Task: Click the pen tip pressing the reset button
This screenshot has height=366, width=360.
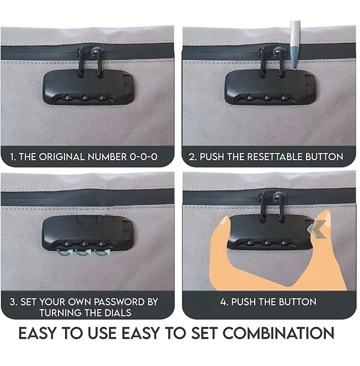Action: click(x=295, y=67)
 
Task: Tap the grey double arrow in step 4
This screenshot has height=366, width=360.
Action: click(x=316, y=229)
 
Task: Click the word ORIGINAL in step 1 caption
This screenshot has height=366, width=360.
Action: click(x=62, y=157)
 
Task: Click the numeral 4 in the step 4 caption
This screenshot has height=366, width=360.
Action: click(x=223, y=302)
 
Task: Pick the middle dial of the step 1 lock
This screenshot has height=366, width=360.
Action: click(x=84, y=98)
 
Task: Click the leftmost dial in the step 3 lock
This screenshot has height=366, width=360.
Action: click(x=67, y=244)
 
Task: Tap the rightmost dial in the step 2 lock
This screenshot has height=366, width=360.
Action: click(x=283, y=98)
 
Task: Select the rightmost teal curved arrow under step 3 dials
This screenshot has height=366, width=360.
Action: click(x=103, y=253)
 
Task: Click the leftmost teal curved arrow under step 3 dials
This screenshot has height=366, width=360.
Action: click(x=65, y=253)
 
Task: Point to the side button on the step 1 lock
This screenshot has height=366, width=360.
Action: click(x=127, y=84)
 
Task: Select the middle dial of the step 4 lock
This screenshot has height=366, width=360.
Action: click(x=266, y=243)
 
